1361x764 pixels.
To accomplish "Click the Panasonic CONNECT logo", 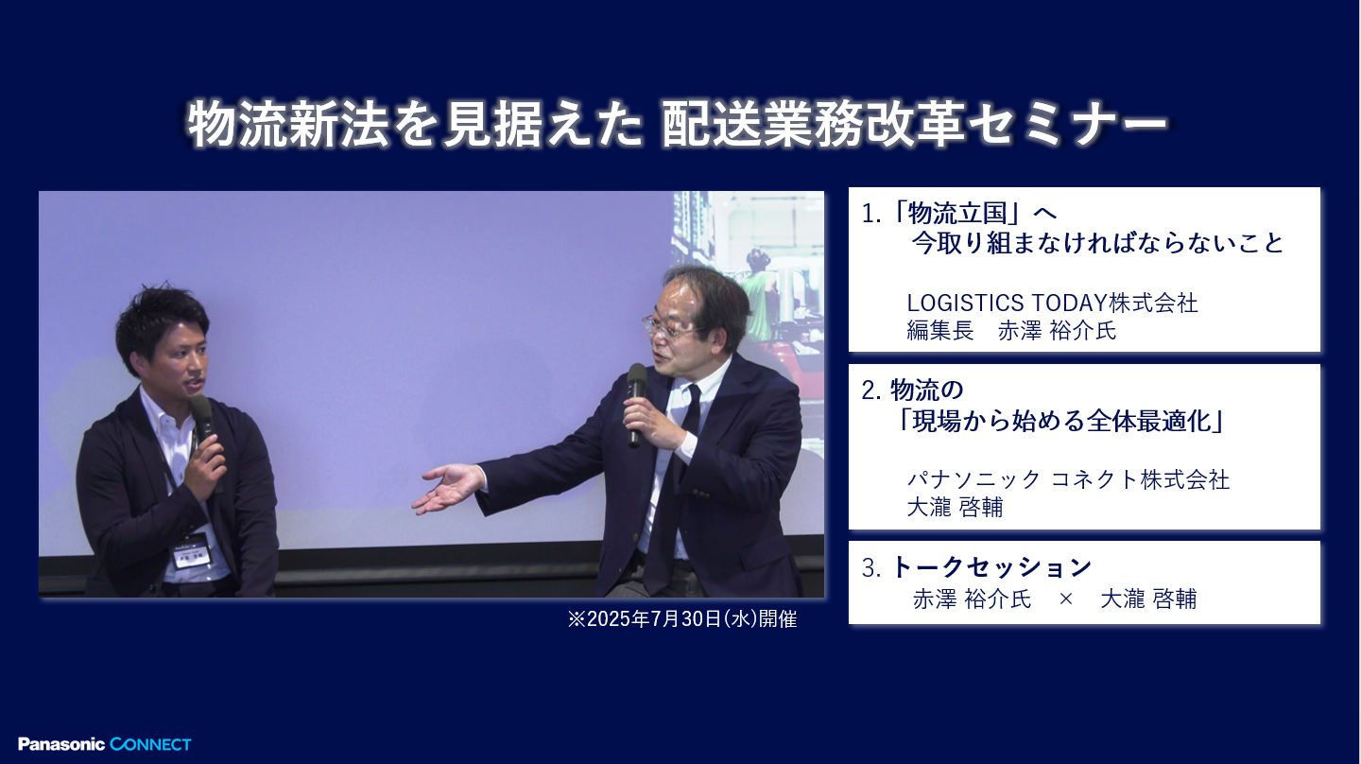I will [104, 744].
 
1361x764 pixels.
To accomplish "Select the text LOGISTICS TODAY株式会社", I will [1052, 304].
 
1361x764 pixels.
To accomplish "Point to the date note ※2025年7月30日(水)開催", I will [681, 620].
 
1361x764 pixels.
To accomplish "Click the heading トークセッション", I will [991, 567].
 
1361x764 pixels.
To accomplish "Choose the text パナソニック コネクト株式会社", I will [1068, 479].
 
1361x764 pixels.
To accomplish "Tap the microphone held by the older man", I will [636, 397].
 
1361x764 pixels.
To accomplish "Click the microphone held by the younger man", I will [201, 423].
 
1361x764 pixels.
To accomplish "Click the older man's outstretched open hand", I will [450, 488].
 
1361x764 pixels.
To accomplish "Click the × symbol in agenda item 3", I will [1066, 599].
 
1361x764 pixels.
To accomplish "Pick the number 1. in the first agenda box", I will [871, 214].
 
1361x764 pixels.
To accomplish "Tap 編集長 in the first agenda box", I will [939, 332].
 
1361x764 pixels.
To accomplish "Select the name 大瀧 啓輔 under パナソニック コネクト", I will [955, 508].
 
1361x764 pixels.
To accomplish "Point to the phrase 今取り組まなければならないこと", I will [1097, 244].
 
